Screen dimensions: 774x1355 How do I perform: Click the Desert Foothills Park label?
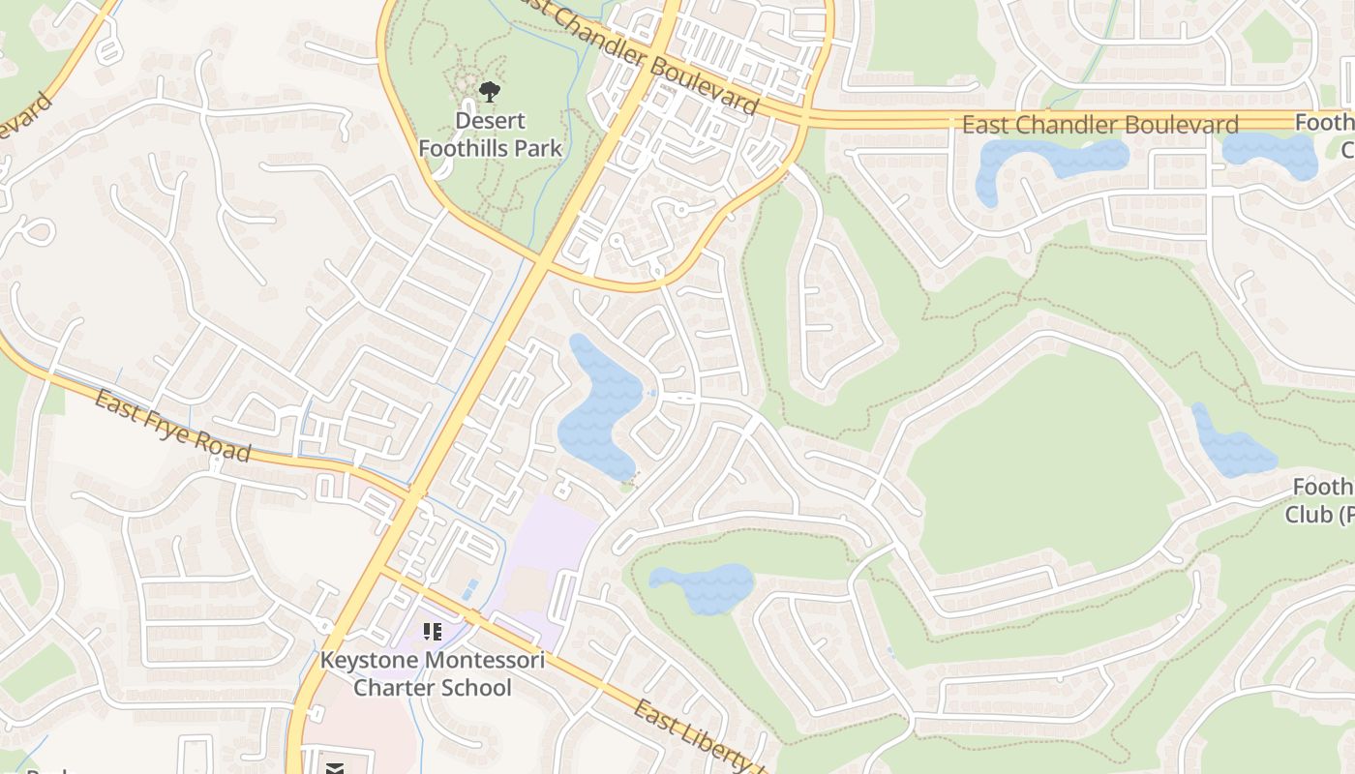490,134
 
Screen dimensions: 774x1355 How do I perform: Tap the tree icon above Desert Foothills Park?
490,92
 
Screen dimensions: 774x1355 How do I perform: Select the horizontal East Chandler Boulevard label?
1099,125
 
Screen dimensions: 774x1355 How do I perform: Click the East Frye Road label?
172,425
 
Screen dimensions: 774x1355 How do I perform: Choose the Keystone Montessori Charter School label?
432,674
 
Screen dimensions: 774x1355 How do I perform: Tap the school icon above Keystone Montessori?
433,632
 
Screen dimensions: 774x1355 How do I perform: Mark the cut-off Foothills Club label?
1320,501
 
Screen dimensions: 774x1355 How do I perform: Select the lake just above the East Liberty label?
703,585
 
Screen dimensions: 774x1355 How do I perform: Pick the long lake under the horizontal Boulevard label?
1050,163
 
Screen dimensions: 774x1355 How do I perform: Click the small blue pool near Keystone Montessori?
469,589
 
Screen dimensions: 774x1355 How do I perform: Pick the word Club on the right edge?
1309,515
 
